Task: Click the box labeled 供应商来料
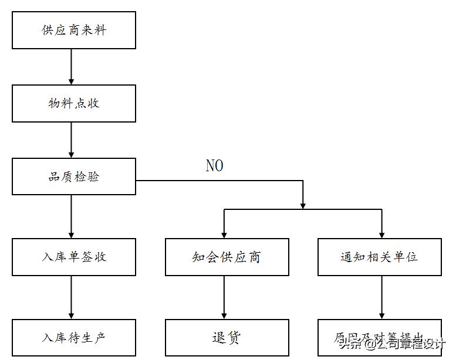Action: click(74, 30)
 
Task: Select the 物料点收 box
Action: click(74, 103)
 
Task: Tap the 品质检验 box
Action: click(74, 176)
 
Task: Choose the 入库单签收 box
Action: click(74, 257)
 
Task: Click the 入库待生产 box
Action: click(74, 337)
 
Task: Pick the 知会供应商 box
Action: click(227, 257)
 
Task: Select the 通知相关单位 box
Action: click(379, 257)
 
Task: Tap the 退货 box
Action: click(227, 337)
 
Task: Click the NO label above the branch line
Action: click(214, 166)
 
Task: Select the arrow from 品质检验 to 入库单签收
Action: click(72, 216)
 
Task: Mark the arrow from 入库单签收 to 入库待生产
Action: click(72, 297)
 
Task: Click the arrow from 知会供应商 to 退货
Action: click(224, 297)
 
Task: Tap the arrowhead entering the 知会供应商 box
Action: click(224, 234)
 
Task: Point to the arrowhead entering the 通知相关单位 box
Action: click(382, 234)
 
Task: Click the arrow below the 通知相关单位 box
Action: click(382, 297)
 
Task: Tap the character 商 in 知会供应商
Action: click(254, 257)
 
